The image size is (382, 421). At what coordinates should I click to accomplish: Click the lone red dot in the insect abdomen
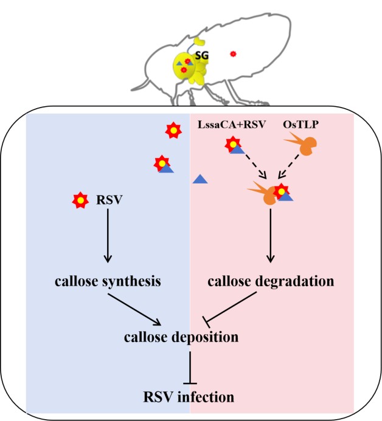coord(233,54)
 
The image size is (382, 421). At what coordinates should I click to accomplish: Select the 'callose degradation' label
coord(271,281)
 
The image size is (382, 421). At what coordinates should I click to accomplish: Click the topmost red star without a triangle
coord(173,130)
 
